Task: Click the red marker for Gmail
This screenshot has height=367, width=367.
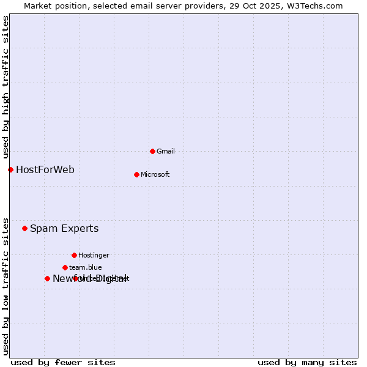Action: [x=152, y=151]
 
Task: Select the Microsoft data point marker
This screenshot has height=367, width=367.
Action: [x=136, y=174]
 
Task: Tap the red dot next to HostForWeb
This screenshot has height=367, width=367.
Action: [x=10, y=169]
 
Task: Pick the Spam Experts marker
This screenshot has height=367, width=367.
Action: [x=24, y=228]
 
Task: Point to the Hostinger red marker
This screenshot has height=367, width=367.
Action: [x=74, y=255]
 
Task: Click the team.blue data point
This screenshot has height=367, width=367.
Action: [x=65, y=267]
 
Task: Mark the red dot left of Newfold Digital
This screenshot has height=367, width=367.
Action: [x=47, y=278]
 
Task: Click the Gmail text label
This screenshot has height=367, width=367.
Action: [x=165, y=151]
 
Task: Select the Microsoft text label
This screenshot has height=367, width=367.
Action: [x=155, y=174]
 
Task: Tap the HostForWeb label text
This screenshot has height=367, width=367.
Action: [x=45, y=169]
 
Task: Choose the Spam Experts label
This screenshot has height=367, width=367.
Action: [x=64, y=228]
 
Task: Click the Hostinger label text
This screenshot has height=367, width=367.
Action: [x=94, y=255]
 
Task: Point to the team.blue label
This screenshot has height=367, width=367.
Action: [x=86, y=267]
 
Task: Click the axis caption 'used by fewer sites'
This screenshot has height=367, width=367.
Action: [x=63, y=362]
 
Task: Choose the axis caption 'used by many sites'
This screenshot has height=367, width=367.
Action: [x=307, y=362]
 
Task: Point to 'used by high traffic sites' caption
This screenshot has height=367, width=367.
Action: [x=6, y=87]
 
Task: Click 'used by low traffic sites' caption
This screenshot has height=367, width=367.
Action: [x=6, y=286]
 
